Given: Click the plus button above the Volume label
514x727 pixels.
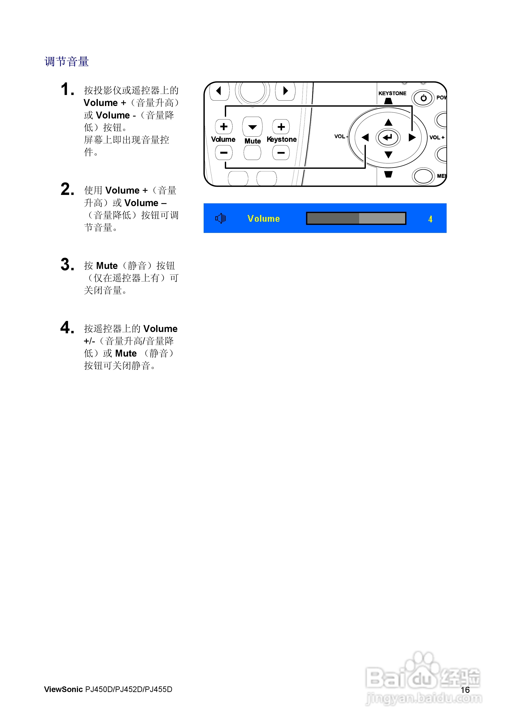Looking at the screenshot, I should pos(224,127).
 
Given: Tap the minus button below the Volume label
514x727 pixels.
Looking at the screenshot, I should pos(224,153).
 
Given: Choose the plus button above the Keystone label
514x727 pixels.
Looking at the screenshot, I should pos(281,127).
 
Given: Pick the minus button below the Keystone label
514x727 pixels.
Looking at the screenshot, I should pos(281,153).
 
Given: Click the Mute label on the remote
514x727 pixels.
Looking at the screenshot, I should pos(252,141).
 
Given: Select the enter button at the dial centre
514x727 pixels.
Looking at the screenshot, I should pos(388,137).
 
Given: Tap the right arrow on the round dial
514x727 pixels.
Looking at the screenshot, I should pos(412,137).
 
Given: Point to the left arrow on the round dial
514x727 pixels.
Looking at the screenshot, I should pos(365,137).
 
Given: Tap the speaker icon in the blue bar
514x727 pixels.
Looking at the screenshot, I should pos(221,218).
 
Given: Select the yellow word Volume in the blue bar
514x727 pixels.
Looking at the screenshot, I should pos(264,218).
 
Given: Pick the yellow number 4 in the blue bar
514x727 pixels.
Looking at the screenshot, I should pos(430,219).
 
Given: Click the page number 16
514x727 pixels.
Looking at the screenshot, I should pos(465,690).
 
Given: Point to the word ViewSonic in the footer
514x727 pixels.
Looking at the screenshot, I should pos(63,689).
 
